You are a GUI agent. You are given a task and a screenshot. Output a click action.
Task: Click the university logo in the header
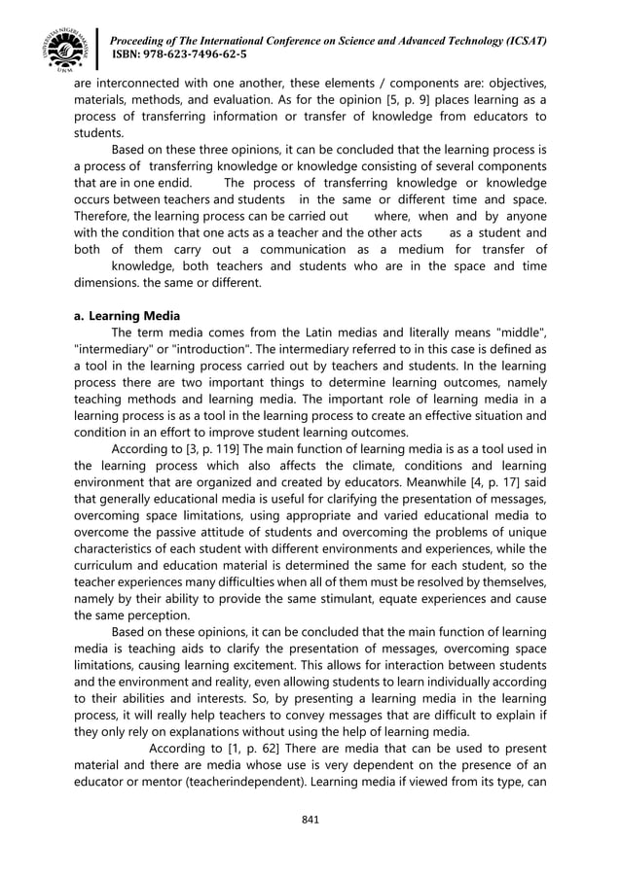pyautogui.click(x=65, y=45)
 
